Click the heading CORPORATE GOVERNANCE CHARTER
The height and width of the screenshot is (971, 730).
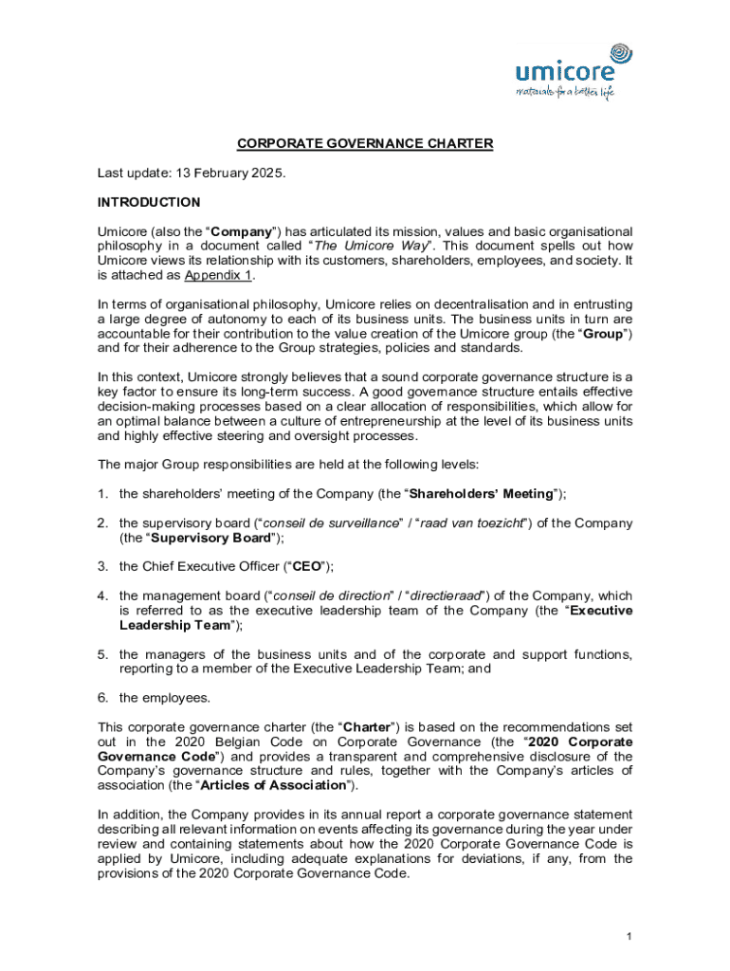(x=365, y=143)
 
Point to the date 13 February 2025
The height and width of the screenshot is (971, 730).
(x=229, y=174)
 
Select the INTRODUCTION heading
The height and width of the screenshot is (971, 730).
(x=149, y=202)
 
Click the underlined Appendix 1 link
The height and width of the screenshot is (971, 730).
(x=219, y=275)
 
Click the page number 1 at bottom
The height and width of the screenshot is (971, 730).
(x=629, y=937)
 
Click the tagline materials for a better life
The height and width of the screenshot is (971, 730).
(x=565, y=93)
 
